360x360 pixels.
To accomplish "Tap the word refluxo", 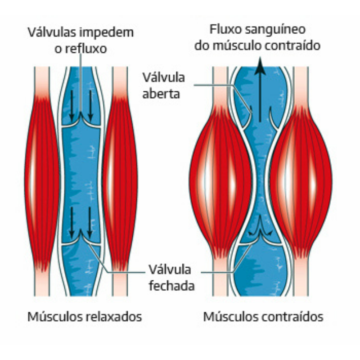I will pos(86,48).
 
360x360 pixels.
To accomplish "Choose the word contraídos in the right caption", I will pos(293,317).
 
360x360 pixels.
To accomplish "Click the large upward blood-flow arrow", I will pos(260,90).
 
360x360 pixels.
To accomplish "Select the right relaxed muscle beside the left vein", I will pos(120,180).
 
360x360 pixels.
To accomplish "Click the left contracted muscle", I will pos(220,180).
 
